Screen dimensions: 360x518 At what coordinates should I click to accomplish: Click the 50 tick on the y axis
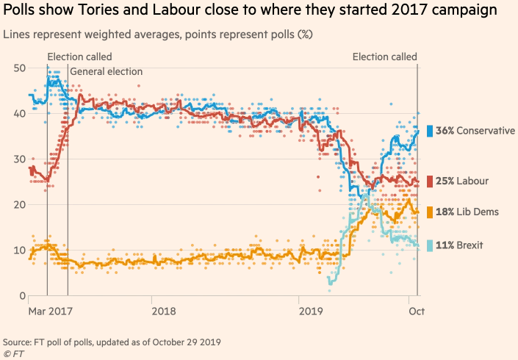(x=20, y=68)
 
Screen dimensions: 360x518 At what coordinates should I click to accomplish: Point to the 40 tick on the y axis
(x=20, y=113)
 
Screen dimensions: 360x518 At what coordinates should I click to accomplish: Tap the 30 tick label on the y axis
(x=20, y=159)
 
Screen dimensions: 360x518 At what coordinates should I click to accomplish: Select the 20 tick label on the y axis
(x=20, y=204)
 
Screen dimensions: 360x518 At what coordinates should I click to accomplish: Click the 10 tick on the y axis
(x=20, y=250)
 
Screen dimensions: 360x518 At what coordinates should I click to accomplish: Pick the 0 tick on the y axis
(x=23, y=295)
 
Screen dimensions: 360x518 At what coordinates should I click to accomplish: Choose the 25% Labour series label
(x=462, y=181)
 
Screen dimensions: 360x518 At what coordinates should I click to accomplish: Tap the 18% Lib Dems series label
(x=467, y=212)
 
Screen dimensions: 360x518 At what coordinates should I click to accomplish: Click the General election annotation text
(x=106, y=71)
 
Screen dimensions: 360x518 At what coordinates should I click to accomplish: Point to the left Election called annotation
(x=79, y=57)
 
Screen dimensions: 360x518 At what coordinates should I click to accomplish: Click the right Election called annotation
(x=384, y=57)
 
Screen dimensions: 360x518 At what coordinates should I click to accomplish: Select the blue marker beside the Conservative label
(x=430, y=131)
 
